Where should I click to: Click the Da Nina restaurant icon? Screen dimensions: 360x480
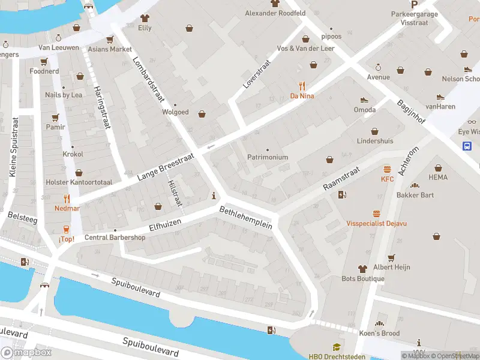point(302,85)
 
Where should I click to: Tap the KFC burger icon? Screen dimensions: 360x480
point(387,169)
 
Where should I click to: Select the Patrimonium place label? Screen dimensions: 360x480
point(268,157)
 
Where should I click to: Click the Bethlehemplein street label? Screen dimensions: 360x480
point(246,218)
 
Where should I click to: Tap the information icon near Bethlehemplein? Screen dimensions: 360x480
point(214,196)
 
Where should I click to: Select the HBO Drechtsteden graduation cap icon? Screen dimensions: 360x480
point(337,347)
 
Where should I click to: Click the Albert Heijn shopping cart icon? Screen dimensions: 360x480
point(391,257)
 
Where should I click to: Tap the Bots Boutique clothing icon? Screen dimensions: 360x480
point(362,268)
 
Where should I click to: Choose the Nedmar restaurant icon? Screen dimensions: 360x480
point(67,198)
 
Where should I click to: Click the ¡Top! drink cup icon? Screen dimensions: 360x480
point(67,229)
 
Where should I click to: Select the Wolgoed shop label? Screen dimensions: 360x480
point(175,112)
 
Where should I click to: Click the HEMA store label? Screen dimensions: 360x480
point(438,178)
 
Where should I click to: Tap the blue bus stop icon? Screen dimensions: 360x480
point(467,145)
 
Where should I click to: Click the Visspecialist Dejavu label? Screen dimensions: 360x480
point(376,223)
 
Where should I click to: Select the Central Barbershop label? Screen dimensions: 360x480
point(115,237)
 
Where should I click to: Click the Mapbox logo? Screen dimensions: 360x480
point(26,353)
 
